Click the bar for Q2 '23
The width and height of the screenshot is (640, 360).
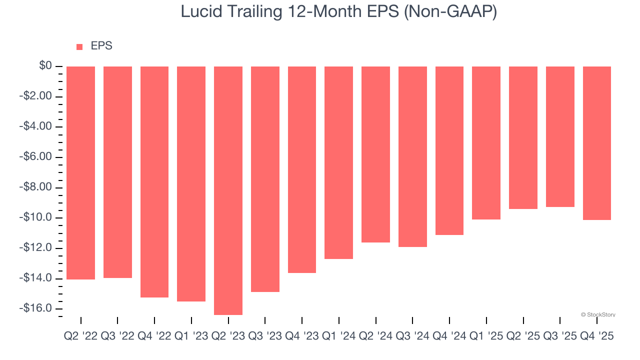click(228, 190)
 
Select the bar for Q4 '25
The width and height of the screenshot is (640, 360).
click(597, 143)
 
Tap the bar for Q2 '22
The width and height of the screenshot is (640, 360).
click(80, 172)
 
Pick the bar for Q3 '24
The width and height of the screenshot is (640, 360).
click(412, 156)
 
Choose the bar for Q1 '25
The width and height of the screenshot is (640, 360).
click(486, 143)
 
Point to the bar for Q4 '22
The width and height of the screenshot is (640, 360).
click(154, 181)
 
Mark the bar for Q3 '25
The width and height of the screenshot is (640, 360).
click(560, 136)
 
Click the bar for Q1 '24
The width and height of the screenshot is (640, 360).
click(338, 162)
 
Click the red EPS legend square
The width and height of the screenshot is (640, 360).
click(79, 47)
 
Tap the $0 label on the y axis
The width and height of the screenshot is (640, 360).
click(46, 65)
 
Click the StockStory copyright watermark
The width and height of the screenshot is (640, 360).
click(598, 314)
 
